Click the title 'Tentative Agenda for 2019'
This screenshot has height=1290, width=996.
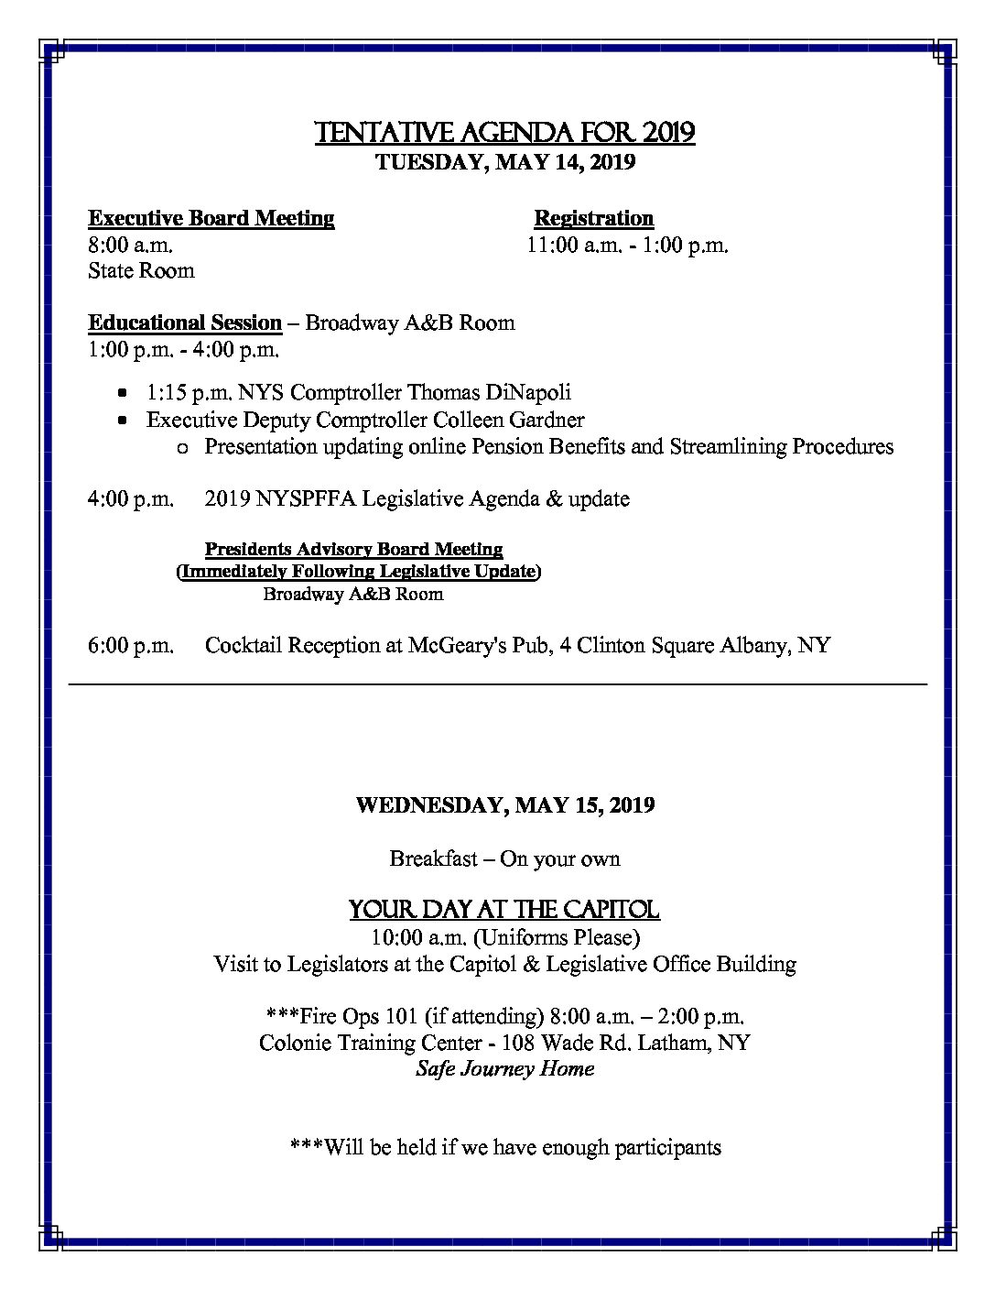(x=504, y=133)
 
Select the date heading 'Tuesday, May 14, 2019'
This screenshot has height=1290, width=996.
(x=506, y=162)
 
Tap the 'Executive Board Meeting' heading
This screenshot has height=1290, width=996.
(x=211, y=218)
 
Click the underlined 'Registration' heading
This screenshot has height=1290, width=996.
(x=594, y=218)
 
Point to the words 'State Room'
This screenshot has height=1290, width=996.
(x=141, y=270)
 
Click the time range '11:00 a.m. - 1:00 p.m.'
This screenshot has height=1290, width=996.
(x=627, y=246)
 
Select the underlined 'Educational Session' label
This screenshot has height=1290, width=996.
(x=185, y=322)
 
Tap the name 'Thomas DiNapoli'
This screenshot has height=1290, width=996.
(x=489, y=392)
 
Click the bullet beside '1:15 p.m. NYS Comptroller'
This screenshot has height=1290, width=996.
(x=123, y=392)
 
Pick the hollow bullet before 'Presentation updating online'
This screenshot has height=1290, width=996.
(x=181, y=447)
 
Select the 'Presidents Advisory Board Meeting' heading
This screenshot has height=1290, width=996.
(x=353, y=549)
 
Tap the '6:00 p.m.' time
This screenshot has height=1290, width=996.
(x=131, y=645)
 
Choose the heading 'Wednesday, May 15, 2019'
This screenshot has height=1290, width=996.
(x=505, y=805)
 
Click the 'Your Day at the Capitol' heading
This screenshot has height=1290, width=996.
(x=504, y=910)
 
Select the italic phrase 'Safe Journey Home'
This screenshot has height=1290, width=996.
(x=505, y=1068)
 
